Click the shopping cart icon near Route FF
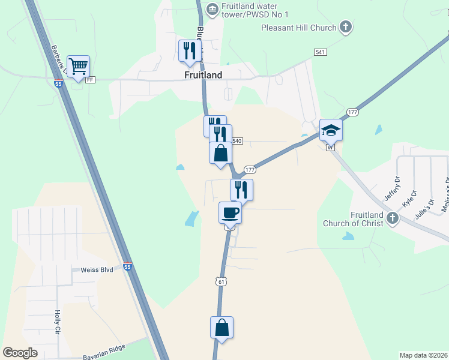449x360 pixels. pos(79,67)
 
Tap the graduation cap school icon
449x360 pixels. pos(331,130)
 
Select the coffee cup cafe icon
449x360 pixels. pos(230,212)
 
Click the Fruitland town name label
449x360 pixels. pos(203,76)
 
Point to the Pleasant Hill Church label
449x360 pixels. pos(298,27)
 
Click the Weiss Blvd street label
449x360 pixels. pos(97,271)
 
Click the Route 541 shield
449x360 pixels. pos(320,53)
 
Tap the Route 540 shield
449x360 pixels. pos(237,141)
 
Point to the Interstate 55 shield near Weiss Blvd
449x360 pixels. pos(127,266)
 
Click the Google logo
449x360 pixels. pos(20,353)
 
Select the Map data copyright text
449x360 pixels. pos(423,355)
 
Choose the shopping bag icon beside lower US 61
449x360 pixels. pos(221,328)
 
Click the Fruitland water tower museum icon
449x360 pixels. pos(211,9)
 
